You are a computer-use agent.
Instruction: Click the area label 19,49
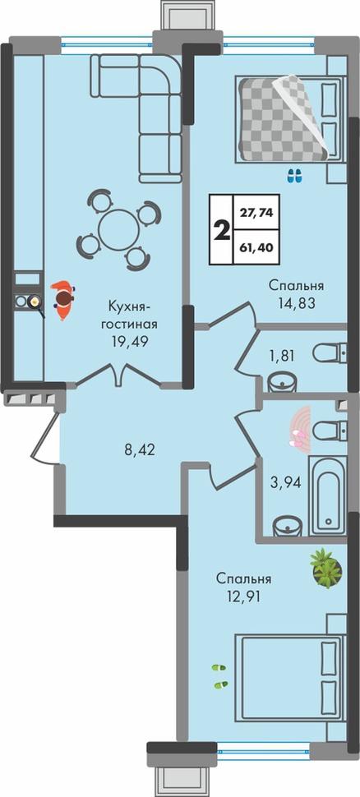[130, 340]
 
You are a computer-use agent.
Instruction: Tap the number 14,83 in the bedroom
[297, 303]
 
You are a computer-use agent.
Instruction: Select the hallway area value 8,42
[139, 449]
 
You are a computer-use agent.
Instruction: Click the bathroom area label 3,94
[285, 481]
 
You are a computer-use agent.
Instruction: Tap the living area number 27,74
[256, 214]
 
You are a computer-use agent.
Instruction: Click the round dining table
[118, 229]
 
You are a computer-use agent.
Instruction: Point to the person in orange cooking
[62, 300]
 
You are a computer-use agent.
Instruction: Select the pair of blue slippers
[294, 176]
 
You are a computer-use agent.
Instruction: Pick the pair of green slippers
[219, 676]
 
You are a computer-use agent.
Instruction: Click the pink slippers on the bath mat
[299, 439]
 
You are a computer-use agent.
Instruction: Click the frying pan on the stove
[35, 302]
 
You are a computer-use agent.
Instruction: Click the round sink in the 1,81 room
[281, 382]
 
